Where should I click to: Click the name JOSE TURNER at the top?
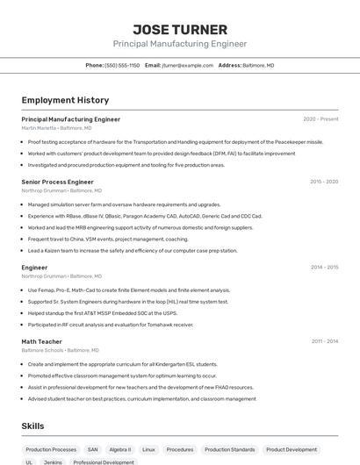coord(180,30)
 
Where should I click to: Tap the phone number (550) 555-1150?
coord(122,65)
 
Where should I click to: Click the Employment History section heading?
coord(65,100)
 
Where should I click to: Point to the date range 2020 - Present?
coord(320,118)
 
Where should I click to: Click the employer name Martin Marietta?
coord(39,127)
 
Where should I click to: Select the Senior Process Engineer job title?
coord(57,182)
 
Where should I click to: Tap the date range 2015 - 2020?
coord(324,182)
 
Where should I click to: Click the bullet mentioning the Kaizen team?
coord(132,250)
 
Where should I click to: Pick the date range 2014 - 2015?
coord(324,267)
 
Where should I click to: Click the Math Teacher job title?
coord(42,341)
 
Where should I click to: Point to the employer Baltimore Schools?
coord(42,350)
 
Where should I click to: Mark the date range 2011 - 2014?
coord(324,341)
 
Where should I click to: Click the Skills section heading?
coord(33,426)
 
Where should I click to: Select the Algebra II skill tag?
coord(120,449)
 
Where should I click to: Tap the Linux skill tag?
coord(149,449)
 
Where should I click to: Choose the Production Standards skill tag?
coord(229,449)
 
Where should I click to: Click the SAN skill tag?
coord(92,449)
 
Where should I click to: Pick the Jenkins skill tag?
coord(53,461)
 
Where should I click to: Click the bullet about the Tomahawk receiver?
coord(110,324)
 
